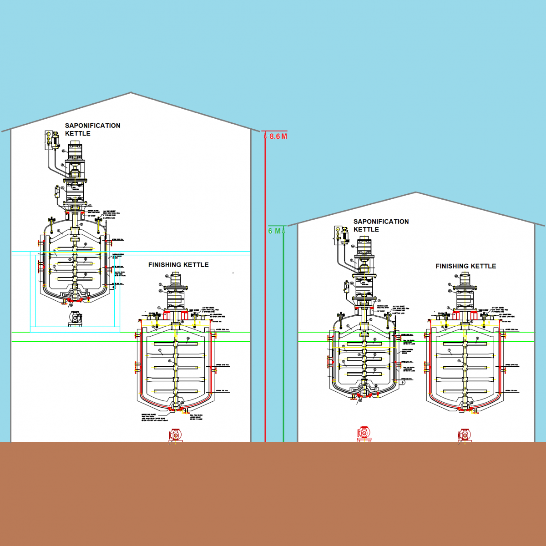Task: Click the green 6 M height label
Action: pyautogui.click(x=274, y=231)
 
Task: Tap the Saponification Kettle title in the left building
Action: pyautogui.click(x=92, y=129)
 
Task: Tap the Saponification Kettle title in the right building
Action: pyautogui.click(x=381, y=225)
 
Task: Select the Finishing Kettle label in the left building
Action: pyautogui.click(x=178, y=265)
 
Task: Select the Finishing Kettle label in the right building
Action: pyautogui.click(x=465, y=266)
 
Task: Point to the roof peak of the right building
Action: pyautogui.click(x=416, y=192)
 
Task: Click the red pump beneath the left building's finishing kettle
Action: pyautogui.click(x=176, y=435)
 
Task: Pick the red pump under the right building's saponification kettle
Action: pyautogui.click(x=363, y=433)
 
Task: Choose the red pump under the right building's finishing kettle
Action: pyautogui.click(x=464, y=435)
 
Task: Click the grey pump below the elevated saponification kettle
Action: pyautogui.click(x=76, y=318)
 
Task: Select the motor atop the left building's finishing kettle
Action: pyautogui.click(x=175, y=280)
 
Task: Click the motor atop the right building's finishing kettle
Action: pyautogui.click(x=465, y=279)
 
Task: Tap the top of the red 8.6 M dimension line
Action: pyautogui.click(x=265, y=131)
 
